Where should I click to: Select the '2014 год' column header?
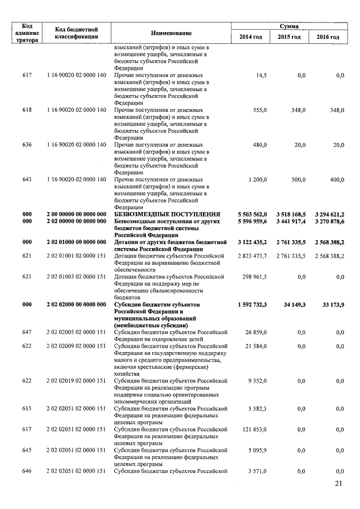250,37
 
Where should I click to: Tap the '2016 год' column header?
327,37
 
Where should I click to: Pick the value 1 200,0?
255,179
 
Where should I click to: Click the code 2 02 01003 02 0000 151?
76,277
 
